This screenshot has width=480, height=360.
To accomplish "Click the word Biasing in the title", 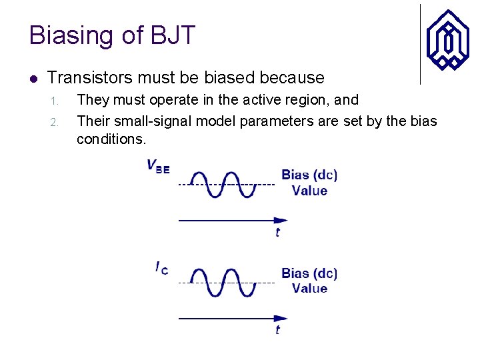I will click(x=69, y=35).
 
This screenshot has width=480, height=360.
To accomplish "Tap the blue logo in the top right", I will click(x=447, y=39).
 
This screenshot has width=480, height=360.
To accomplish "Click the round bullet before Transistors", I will click(x=34, y=78).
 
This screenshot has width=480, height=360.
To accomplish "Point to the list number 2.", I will click(x=56, y=123).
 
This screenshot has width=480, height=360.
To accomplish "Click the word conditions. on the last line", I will click(x=111, y=140).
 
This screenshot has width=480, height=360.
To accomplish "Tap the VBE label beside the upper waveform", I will click(x=158, y=167).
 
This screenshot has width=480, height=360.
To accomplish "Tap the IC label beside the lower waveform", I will click(x=161, y=268).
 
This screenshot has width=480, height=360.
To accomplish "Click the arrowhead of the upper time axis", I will click(x=282, y=221).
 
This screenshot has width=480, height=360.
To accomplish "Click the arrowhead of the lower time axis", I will click(x=282, y=319).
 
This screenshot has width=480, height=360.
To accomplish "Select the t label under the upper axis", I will click(x=277, y=233).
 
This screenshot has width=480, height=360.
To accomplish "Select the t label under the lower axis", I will click(x=277, y=331).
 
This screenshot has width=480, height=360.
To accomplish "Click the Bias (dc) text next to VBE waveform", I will click(x=309, y=175).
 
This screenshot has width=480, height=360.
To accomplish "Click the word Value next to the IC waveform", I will click(x=309, y=289).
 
